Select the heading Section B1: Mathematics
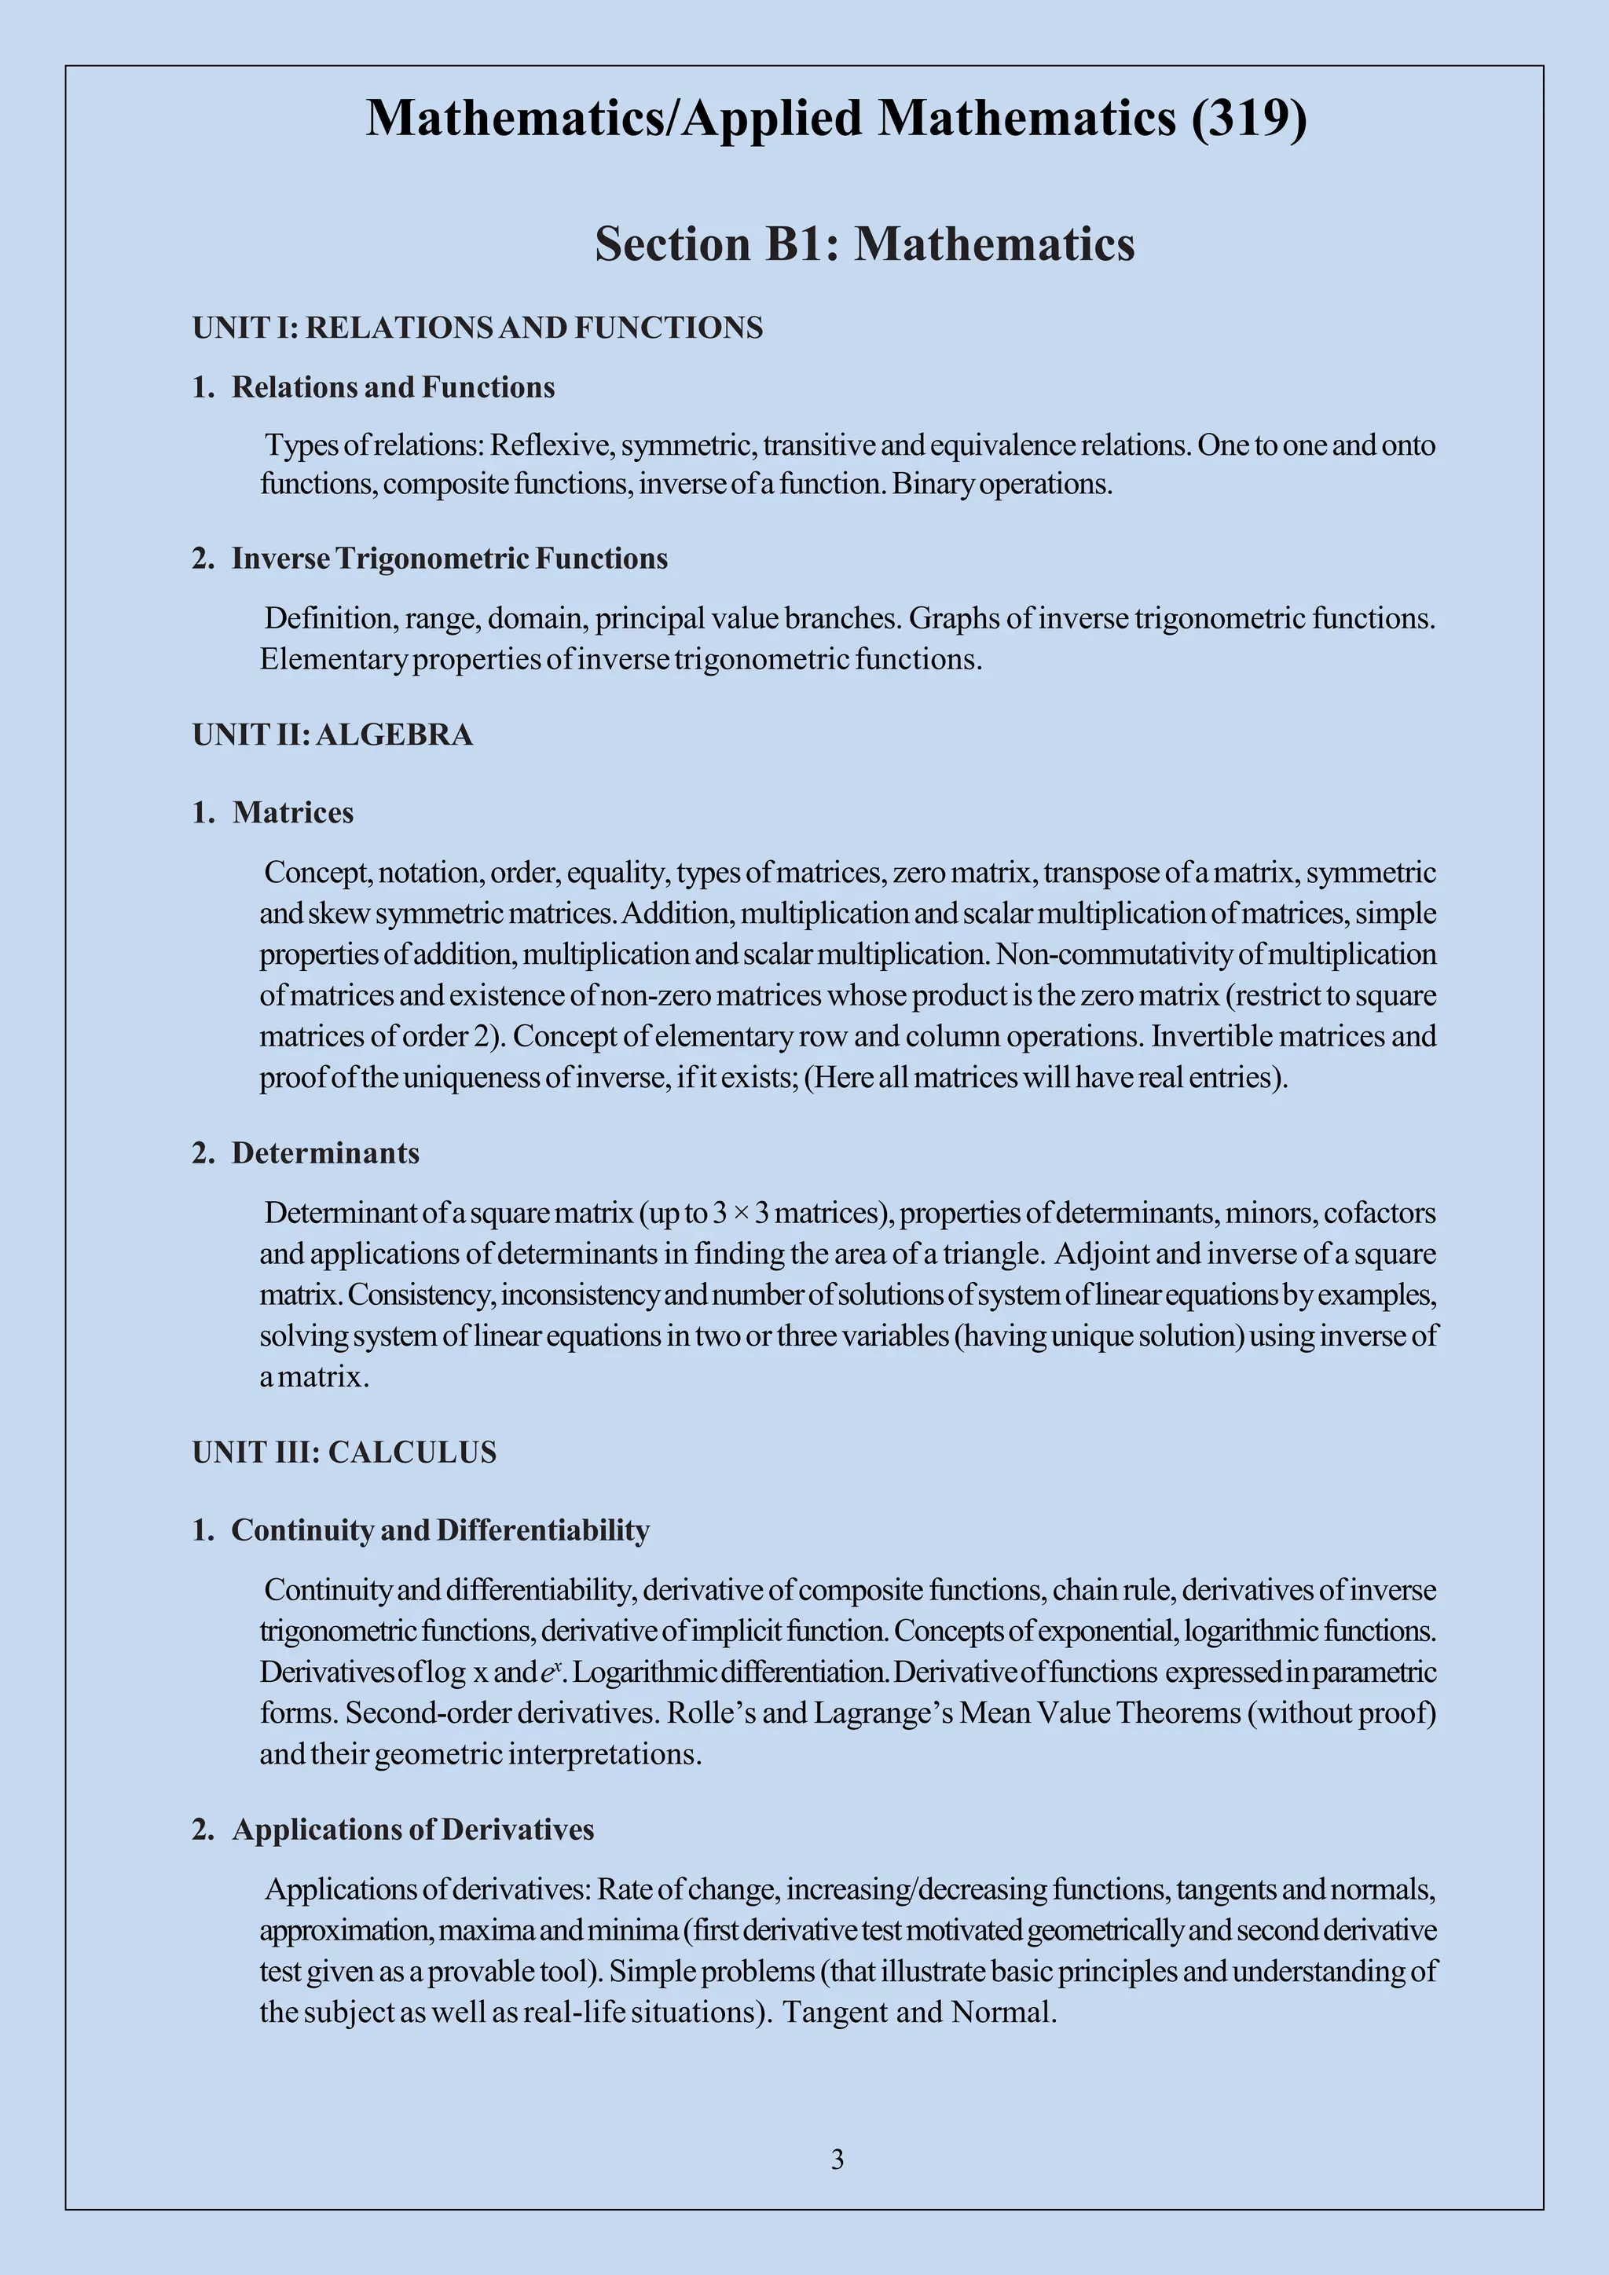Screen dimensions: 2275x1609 [864, 244]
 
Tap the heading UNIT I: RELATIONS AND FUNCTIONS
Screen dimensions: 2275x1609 [478, 328]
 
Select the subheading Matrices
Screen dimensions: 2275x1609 [292, 812]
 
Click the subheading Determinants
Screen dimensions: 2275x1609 [325, 1153]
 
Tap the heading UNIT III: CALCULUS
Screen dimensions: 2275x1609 [344, 1453]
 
